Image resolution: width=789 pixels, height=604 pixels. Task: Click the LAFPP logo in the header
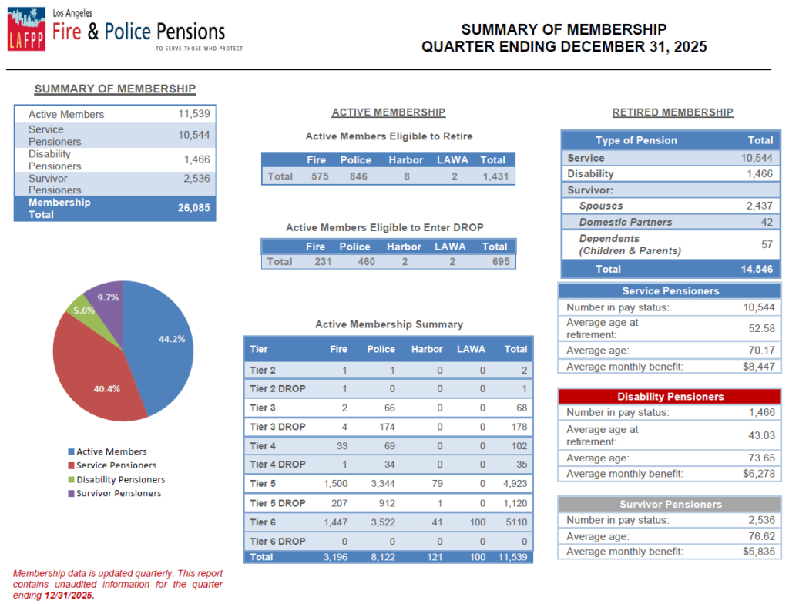26,30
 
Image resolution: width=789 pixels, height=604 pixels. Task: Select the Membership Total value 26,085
193,208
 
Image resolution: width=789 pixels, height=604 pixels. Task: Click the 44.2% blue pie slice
162,347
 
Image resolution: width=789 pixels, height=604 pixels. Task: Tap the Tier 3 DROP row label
277,427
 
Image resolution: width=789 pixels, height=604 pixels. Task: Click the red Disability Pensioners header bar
670,397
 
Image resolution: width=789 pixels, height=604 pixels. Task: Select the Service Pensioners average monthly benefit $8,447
758,367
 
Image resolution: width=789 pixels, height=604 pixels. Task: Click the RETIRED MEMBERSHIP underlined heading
673,112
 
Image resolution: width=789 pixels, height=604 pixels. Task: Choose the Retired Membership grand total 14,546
757,270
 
